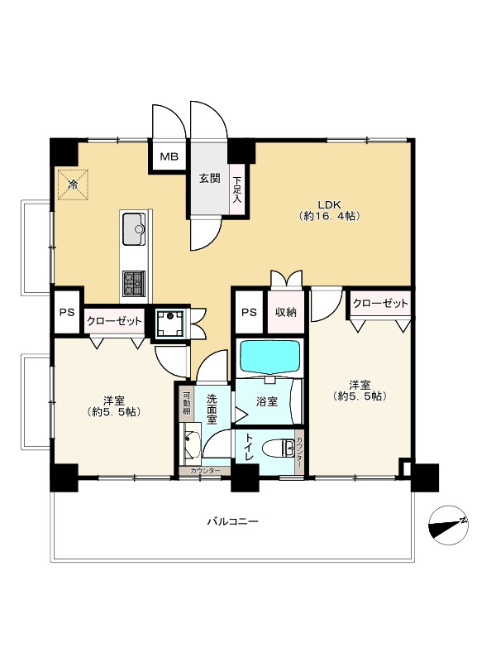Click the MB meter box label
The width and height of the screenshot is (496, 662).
pos(169,156)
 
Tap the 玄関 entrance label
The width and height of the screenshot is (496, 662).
pos(210,178)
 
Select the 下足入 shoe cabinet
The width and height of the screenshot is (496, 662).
pos(237,189)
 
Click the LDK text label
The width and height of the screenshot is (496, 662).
pos(329,204)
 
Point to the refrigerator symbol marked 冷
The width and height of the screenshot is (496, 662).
pos(73,185)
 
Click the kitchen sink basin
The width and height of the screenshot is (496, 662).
pos(134,229)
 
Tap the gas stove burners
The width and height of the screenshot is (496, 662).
pos(134,283)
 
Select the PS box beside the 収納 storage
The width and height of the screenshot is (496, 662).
pos(250,313)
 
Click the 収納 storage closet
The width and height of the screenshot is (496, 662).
pos(285,313)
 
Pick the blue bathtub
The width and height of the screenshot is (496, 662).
pos(270,357)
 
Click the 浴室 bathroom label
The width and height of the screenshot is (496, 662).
pos(267,401)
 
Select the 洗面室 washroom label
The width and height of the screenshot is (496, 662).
pos(212,409)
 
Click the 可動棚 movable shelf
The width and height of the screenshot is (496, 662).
pos(186,405)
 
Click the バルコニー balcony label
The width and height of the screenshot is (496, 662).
pos(232,522)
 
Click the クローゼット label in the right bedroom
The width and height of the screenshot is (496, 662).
pos(380,303)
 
